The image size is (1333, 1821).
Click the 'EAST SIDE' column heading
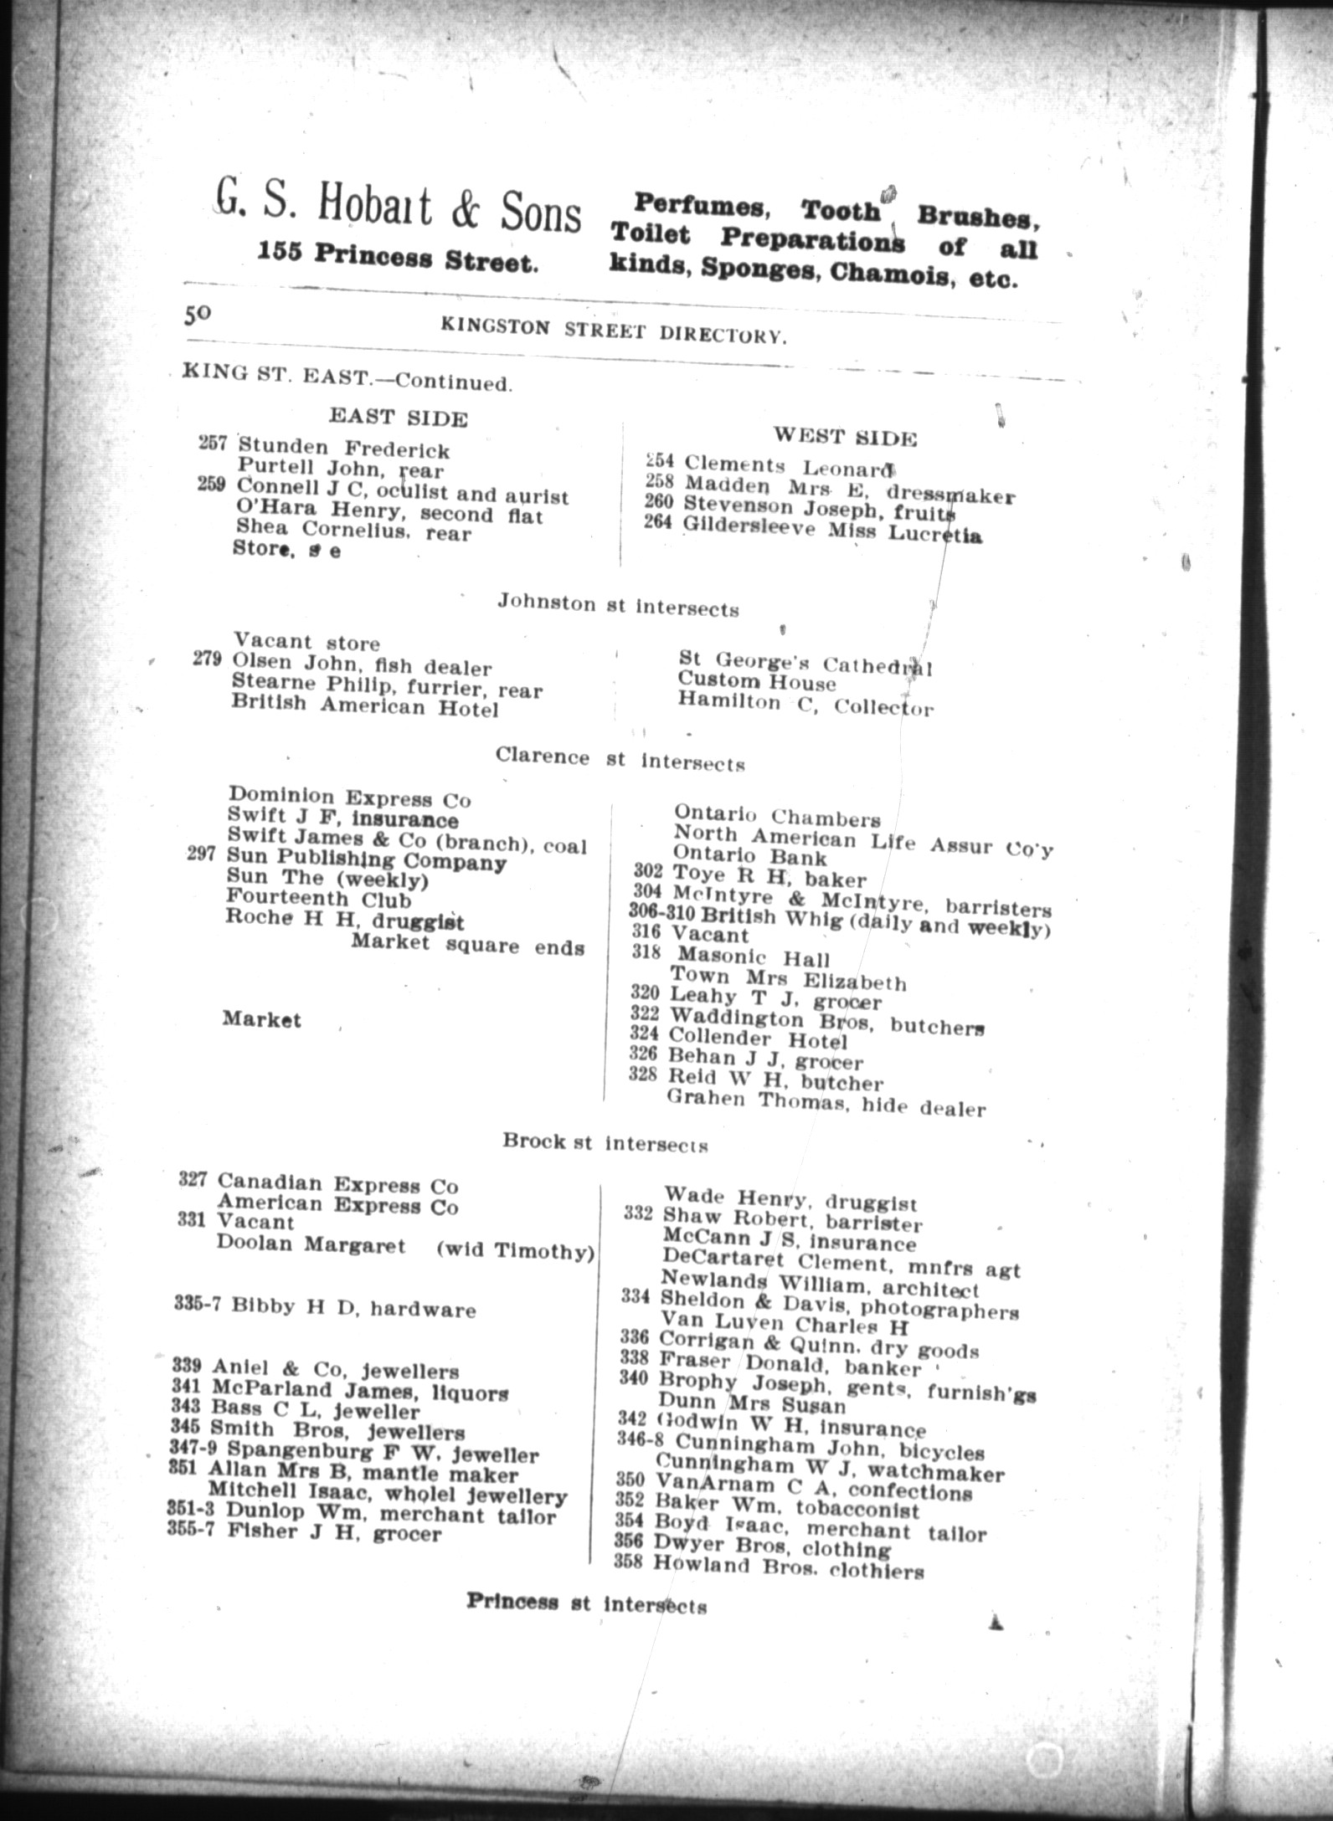click(398, 417)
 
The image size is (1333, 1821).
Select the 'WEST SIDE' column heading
click(844, 437)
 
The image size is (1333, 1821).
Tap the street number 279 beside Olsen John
click(207, 659)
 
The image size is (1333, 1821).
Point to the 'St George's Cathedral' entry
click(805, 664)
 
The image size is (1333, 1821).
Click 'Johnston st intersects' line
click(618, 604)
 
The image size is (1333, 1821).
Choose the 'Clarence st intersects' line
click(620, 759)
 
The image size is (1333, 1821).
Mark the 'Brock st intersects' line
click(605, 1142)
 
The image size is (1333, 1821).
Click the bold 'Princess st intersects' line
click(586, 1604)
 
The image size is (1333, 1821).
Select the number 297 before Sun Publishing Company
click(203, 854)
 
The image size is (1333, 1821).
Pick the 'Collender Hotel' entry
click(758, 1040)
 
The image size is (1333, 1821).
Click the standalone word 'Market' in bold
click(261, 1019)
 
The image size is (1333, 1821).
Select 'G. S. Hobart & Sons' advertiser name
click(398, 212)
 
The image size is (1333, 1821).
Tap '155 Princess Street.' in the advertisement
click(398, 259)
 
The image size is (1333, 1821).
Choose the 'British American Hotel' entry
click(365, 707)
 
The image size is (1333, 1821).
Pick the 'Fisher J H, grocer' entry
click(334, 1533)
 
